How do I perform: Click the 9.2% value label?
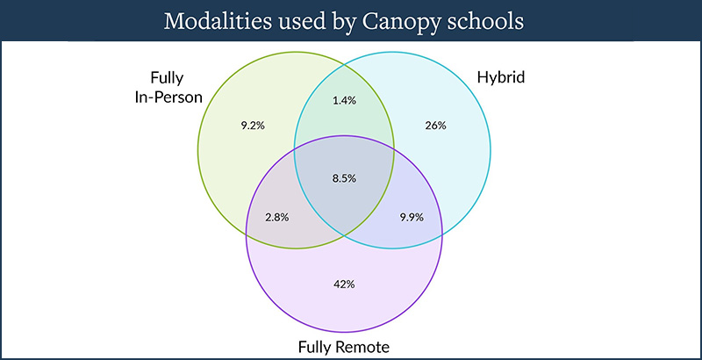253,126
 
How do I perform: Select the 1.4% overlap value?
344,101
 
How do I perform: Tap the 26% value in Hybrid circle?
435,126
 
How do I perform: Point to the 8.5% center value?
344,178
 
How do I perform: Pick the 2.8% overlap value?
277,218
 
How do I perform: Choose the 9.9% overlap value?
412,218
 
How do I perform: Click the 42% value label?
344,284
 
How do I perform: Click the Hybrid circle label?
500,78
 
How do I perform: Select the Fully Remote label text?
344,347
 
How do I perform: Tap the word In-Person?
168,97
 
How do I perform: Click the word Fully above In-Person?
167,78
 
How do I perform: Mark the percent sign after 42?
350,284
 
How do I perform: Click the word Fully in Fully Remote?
314,348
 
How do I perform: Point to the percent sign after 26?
441,126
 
